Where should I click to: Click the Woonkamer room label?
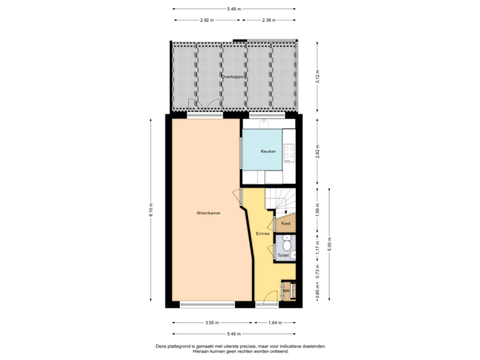209,213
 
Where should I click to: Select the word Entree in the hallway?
263,233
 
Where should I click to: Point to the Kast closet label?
285,224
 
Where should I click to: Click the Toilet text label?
283,255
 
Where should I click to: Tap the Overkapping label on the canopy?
234,77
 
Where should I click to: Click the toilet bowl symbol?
287,245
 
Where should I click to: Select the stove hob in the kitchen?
290,153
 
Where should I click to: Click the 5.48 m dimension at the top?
234,9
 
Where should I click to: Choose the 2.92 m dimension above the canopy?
207,20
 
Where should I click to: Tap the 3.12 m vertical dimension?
318,77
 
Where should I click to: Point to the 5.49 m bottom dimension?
234,333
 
